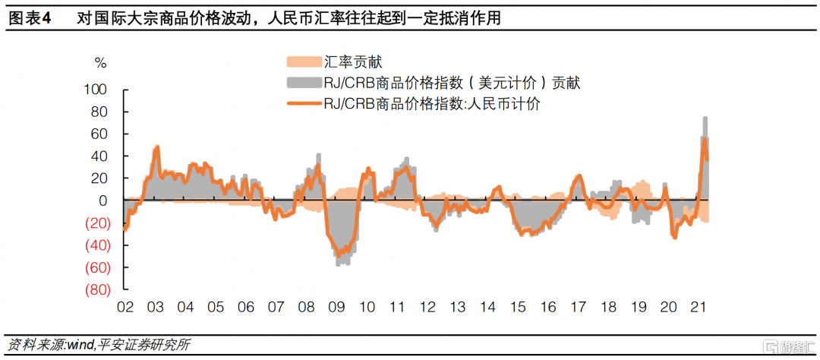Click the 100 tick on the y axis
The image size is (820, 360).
pyautogui.click(x=101, y=90)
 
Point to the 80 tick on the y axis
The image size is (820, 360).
pyautogui.click(x=104, y=112)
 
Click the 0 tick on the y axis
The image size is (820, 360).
pyautogui.click(x=107, y=201)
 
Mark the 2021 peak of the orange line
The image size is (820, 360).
pyautogui.click(x=705, y=138)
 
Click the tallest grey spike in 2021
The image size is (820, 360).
pyautogui.click(x=705, y=118)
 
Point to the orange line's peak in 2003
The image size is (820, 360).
pyautogui.click(x=156, y=147)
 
